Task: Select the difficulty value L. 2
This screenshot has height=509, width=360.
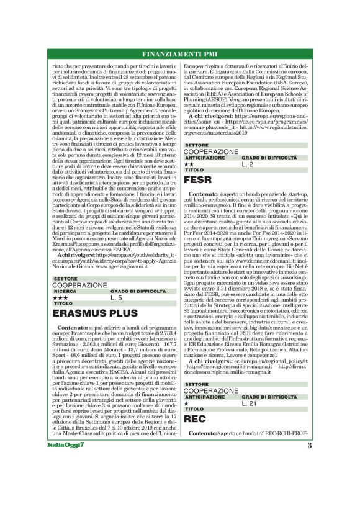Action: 248,164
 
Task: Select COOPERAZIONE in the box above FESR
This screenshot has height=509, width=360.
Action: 211,151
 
